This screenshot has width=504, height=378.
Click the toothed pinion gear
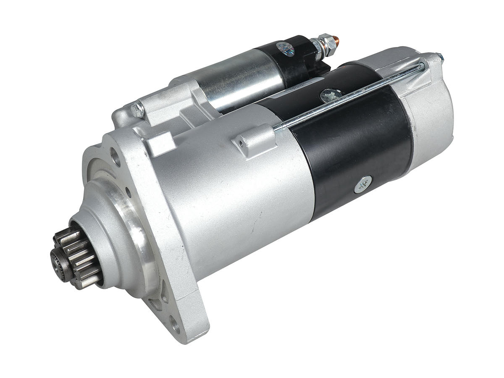78,256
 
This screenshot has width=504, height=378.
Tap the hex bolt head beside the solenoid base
137,110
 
